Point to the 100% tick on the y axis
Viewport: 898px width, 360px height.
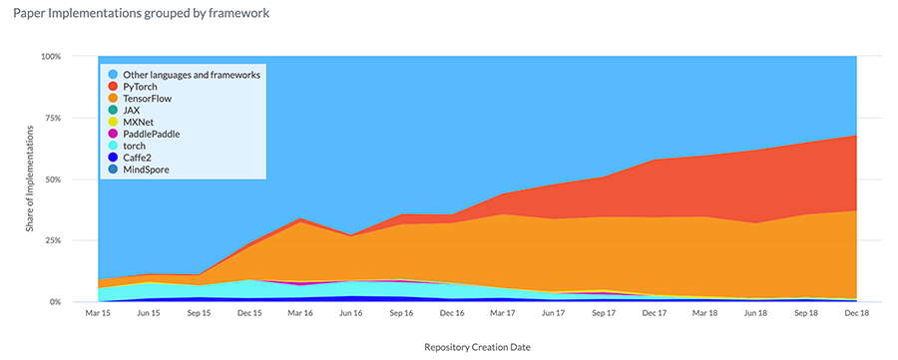[51, 56]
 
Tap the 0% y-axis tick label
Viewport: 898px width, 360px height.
[56, 302]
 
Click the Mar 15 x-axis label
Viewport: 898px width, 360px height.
[98, 313]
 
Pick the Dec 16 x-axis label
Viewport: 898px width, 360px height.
[452, 313]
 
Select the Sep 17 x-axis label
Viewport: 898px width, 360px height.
[604, 313]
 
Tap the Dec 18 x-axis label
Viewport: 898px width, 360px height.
[856, 313]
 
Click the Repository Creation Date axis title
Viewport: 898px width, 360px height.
[476, 347]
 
